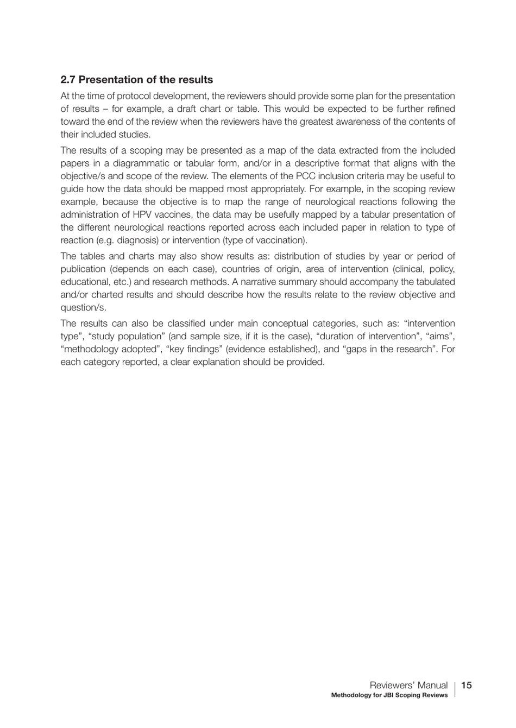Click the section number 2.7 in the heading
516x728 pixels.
click(x=68, y=80)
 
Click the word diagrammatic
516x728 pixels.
click(x=141, y=163)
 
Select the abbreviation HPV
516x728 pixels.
click(x=142, y=215)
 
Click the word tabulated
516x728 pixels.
click(x=435, y=282)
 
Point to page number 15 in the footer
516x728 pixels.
click(x=467, y=685)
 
